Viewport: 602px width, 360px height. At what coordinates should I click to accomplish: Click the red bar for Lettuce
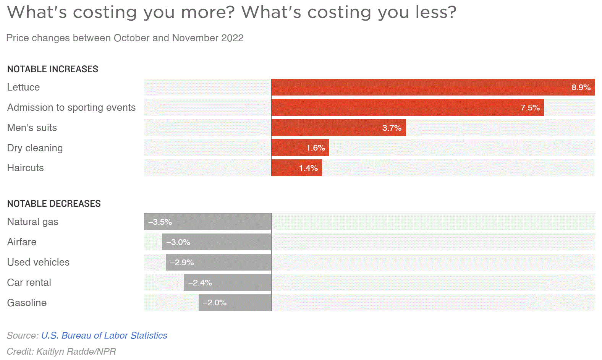coord(420,87)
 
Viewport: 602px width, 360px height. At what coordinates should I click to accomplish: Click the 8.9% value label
coord(581,88)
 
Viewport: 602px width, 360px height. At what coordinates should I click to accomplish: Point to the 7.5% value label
coord(530,108)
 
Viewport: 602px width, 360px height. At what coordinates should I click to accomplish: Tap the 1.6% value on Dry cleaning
coord(316,148)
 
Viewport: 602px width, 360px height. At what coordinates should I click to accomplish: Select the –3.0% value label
coord(178,242)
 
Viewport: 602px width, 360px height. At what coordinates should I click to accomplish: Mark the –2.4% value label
coord(200,283)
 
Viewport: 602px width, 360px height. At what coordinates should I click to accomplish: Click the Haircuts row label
coord(25,168)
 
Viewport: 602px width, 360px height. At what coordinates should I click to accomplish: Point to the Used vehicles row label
coord(38,262)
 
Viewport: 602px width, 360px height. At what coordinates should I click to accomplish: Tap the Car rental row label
coord(29,282)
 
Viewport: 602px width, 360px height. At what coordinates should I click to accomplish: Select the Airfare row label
coord(22,242)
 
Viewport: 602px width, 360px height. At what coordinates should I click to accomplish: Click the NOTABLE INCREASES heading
coord(53,69)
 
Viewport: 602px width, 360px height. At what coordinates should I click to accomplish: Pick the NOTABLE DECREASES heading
coord(54,204)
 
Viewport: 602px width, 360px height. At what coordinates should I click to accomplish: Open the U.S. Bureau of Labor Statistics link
coord(104,336)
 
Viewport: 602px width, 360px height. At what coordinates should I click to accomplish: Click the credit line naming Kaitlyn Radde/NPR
coord(61,352)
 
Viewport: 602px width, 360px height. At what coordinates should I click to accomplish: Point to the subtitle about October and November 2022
coord(125,38)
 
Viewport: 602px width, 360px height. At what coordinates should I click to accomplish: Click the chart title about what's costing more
coord(231,12)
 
